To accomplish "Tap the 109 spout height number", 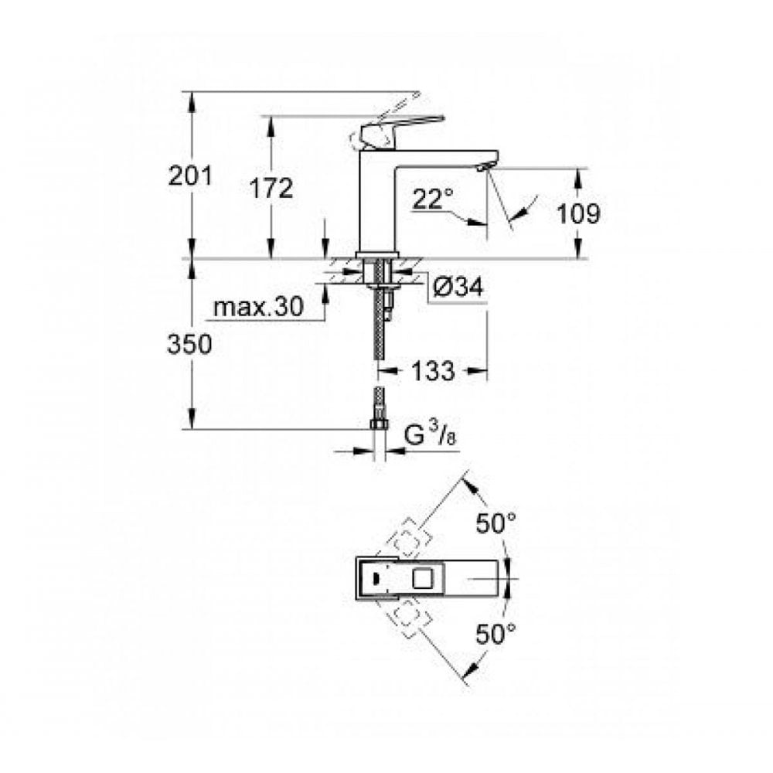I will [x=578, y=213].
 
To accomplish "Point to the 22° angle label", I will [x=432, y=199].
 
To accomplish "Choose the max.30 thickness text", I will [x=258, y=308].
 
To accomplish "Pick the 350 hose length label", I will [x=189, y=345].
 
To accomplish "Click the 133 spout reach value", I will [x=432, y=371].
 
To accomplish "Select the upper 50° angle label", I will [x=495, y=523].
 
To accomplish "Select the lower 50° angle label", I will [x=495, y=635].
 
